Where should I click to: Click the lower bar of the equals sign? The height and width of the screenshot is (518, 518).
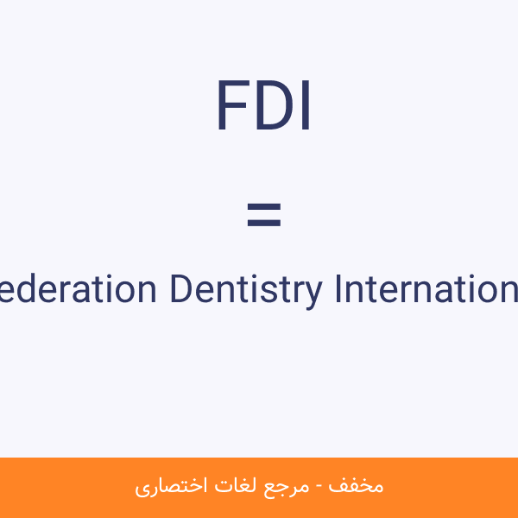(x=263, y=223)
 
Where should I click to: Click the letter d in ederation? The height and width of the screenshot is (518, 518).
(x=30, y=289)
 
